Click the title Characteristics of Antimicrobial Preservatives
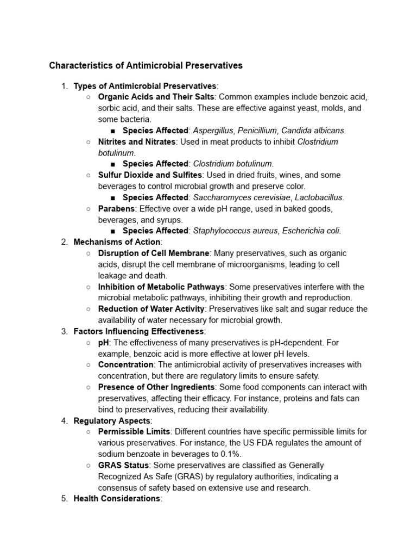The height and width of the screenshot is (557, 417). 146,66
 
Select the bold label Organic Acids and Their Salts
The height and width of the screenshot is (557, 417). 156,97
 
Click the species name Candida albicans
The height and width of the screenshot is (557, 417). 313,131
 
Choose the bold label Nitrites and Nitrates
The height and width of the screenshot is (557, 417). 137,141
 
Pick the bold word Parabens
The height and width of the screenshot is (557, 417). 116,209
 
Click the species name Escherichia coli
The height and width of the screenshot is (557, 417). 311,231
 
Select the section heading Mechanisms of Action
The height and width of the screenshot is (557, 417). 117,242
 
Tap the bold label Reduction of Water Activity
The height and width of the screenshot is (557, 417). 151,309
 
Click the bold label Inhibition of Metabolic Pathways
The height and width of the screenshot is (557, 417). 161,287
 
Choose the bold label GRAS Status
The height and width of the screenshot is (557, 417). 123,465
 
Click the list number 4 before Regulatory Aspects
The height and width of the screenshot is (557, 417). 64,420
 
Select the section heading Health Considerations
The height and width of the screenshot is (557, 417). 117,498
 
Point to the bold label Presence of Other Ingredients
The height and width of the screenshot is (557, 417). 156,387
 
